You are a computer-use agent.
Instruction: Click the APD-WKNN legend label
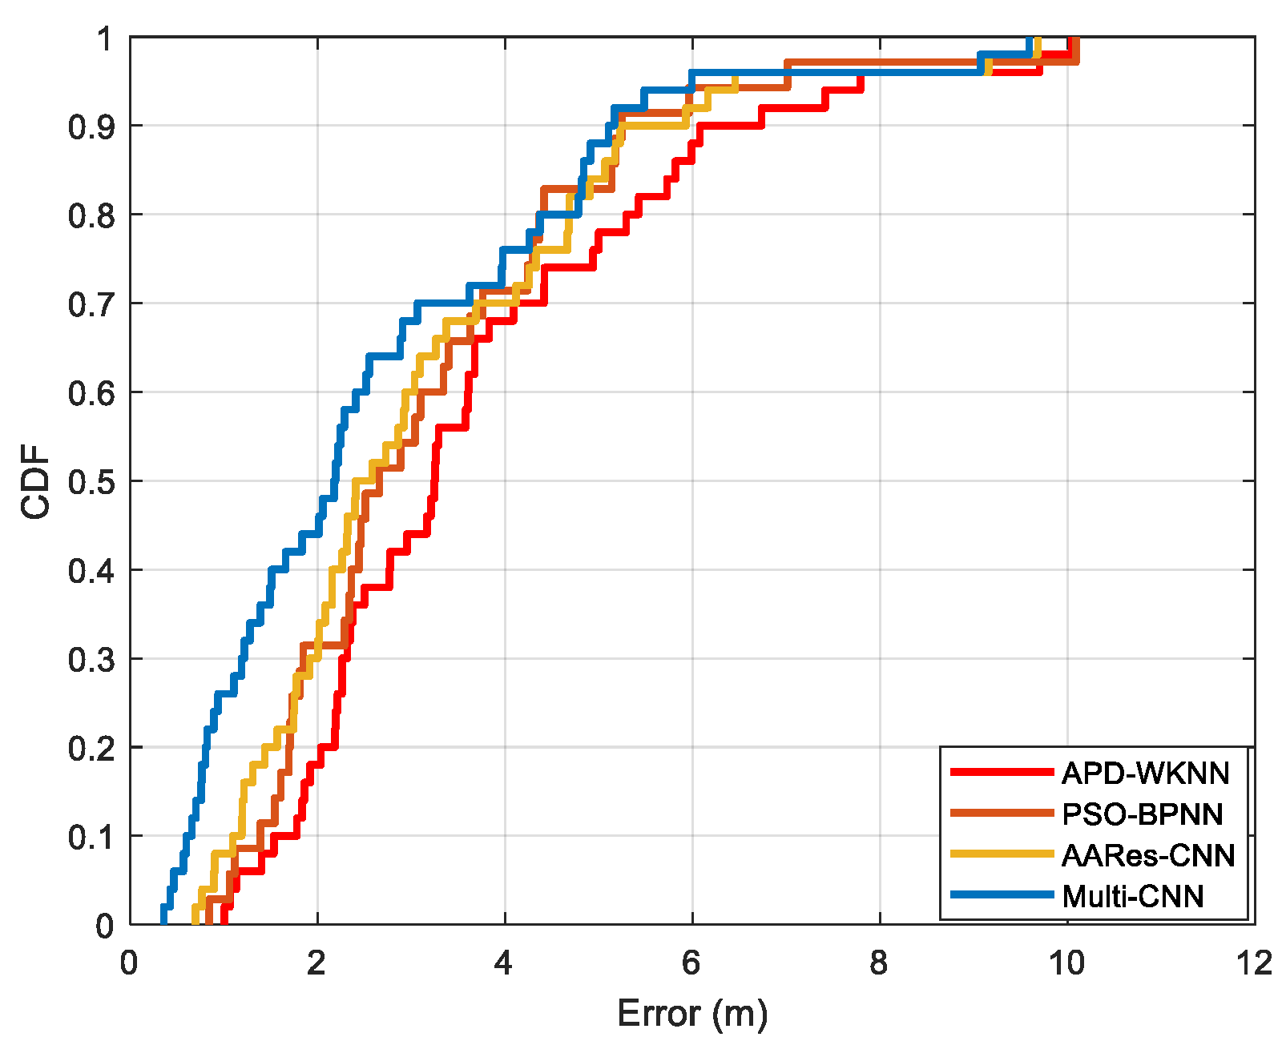(x=1145, y=774)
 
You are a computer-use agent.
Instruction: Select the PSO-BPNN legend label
(x=1142, y=814)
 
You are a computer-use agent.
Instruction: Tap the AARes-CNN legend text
(x=1147, y=856)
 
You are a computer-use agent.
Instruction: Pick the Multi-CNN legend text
(x=1132, y=897)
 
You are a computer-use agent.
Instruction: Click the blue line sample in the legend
(x=1001, y=894)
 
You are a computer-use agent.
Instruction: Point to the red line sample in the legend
(x=1001, y=772)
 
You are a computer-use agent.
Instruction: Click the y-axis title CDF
(x=36, y=482)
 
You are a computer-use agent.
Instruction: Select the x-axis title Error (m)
(x=692, y=1014)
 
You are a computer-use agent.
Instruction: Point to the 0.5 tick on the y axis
(x=91, y=482)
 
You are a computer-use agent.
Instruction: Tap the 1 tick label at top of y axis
(x=105, y=38)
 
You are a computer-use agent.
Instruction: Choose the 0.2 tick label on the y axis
(x=91, y=749)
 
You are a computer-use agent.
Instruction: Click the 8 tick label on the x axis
(x=879, y=963)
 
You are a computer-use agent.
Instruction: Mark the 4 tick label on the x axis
(x=504, y=963)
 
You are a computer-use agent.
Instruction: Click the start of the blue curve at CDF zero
(x=163, y=921)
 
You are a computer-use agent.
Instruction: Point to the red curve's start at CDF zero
(x=224, y=921)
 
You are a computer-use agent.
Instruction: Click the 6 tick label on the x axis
(x=691, y=963)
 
